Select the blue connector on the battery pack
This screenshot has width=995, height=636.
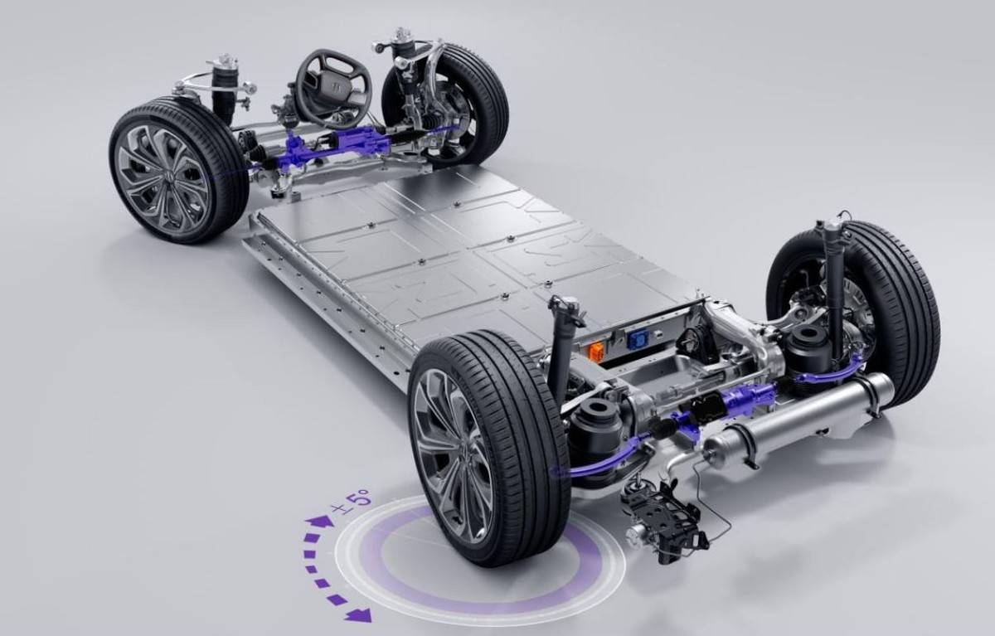[x=633, y=341]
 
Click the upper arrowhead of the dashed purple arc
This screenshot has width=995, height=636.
[x=319, y=522]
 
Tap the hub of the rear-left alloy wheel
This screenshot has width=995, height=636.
[x=456, y=459]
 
